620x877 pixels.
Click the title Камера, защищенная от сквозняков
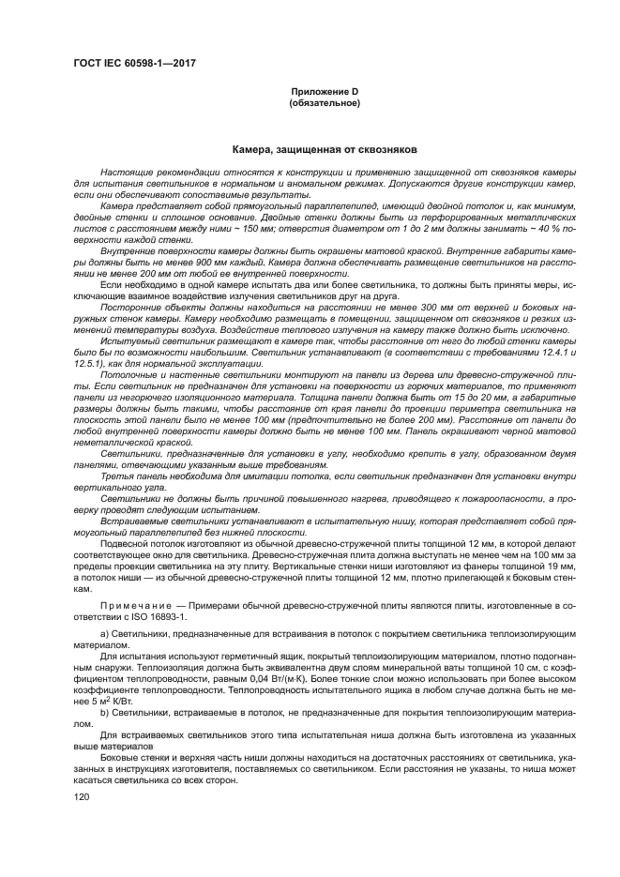(324, 149)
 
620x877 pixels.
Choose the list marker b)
(104, 712)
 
